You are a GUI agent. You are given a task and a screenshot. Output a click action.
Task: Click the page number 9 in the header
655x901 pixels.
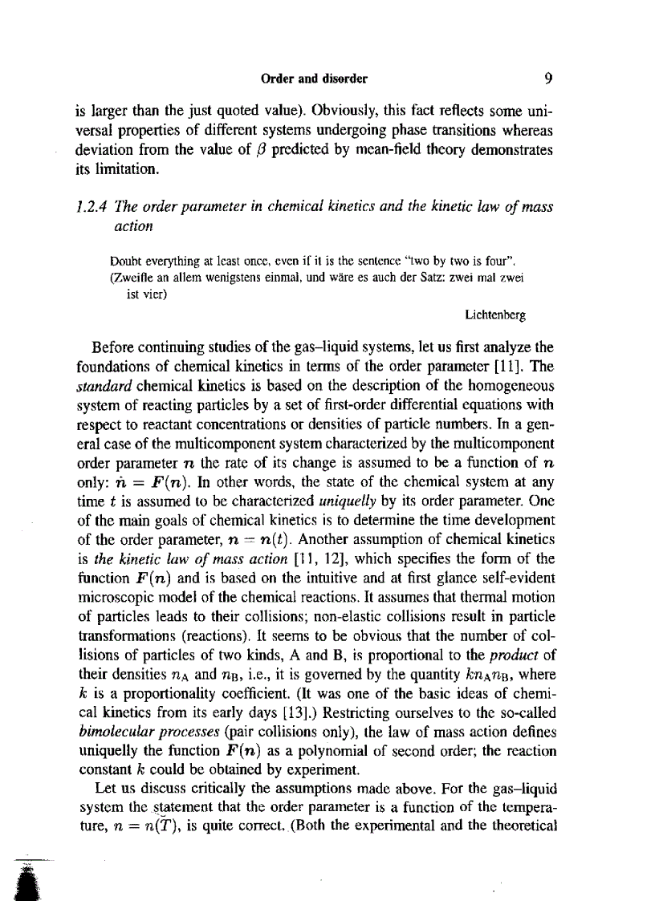click(x=547, y=79)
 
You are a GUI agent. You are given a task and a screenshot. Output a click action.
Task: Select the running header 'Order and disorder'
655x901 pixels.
click(x=315, y=79)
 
